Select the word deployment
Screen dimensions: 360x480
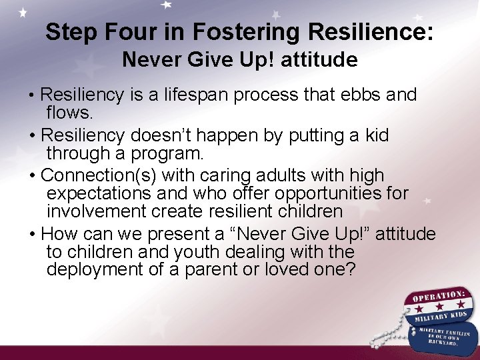[x=95, y=269]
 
